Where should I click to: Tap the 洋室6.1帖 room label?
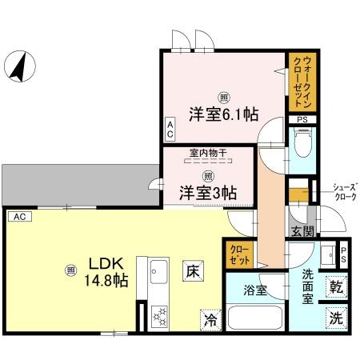[x=223, y=114]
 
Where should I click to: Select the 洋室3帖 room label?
[x=206, y=192]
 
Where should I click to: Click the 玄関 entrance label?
[x=302, y=232]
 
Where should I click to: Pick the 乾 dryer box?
[x=337, y=286]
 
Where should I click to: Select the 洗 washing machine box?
[x=337, y=318]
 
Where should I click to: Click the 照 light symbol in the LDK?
[x=70, y=270]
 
